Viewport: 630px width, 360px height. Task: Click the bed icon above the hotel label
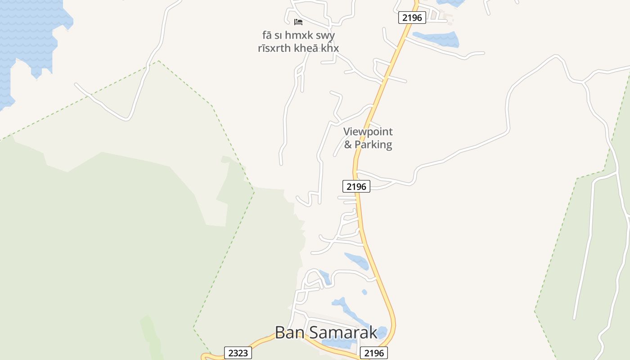coord(298,22)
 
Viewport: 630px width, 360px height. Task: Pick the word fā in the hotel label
coord(267,35)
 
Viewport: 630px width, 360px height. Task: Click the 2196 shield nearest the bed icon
coord(412,18)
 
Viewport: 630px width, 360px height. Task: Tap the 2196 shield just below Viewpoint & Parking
coord(356,186)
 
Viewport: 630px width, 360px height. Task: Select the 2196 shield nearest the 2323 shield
coord(374,353)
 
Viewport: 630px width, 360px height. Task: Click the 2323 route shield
coord(238,353)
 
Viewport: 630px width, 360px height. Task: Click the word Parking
coord(373,145)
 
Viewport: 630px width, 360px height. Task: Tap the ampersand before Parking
coord(348,145)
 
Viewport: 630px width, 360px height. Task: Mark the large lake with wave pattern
coord(27,36)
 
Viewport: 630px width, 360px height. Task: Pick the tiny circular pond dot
coord(364,292)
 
